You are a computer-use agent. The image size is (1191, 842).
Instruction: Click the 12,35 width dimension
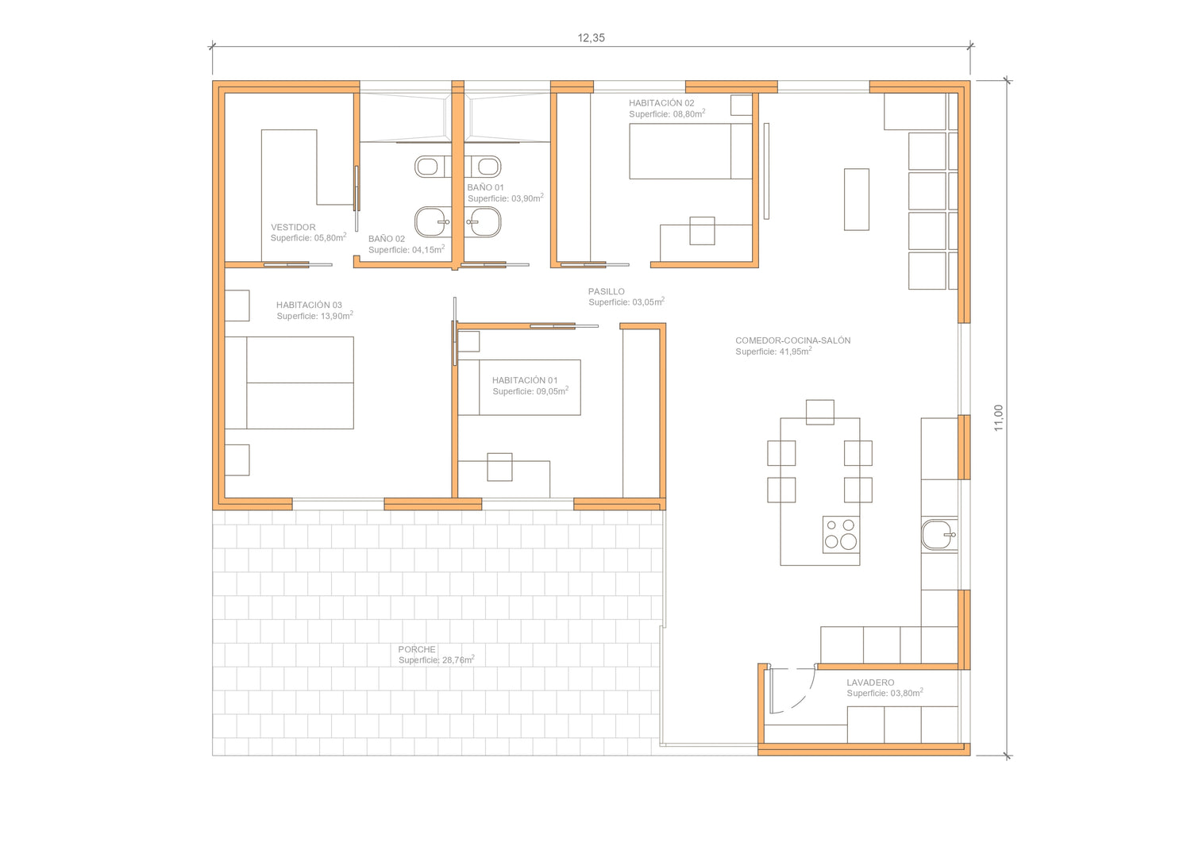(x=591, y=38)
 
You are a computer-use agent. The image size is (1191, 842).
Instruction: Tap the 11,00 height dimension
(x=998, y=417)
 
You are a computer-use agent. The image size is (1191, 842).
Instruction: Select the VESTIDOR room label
(x=293, y=227)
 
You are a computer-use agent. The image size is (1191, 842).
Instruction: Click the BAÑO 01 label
(x=485, y=187)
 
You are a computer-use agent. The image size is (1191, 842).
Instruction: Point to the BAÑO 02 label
(x=387, y=239)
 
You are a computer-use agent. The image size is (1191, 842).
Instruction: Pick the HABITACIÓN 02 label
(x=661, y=102)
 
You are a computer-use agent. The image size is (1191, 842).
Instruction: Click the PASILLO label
(x=606, y=291)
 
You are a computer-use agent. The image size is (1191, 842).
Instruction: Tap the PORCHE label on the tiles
(x=417, y=649)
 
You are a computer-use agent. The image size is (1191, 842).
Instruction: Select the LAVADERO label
(x=870, y=682)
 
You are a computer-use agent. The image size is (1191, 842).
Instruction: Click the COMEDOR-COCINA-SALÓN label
(x=792, y=340)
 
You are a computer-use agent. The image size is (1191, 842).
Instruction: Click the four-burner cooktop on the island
(x=841, y=534)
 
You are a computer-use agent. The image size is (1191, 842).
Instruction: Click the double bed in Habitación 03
(x=289, y=383)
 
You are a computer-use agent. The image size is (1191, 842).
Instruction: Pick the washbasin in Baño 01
(x=483, y=221)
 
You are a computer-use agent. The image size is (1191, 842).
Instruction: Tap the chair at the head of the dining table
(x=819, y=412)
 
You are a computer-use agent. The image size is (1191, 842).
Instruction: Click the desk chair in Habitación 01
(x=499, y=467)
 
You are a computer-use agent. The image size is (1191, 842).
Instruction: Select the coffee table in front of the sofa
(x=856, y=199)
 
